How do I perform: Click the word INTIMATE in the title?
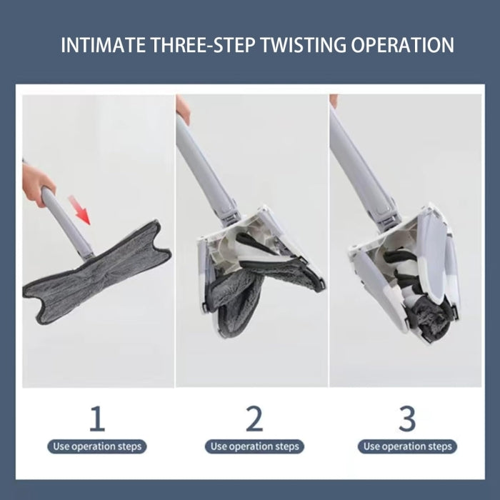point(104,45)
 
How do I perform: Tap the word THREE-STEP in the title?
point(203,45)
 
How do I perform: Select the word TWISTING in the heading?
point(304,45)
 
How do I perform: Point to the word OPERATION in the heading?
point(402,45)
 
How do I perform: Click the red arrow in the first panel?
point(80,210)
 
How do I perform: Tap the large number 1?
point(97,418)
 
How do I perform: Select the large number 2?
point(254,418)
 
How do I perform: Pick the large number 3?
point(407,418)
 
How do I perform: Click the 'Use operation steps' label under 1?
point(97,446)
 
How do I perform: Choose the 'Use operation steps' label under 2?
point(254,446)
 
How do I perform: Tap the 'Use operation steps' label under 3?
point(407,446)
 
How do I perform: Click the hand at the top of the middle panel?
point(183,109)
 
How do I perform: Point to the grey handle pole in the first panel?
point(67,223)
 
